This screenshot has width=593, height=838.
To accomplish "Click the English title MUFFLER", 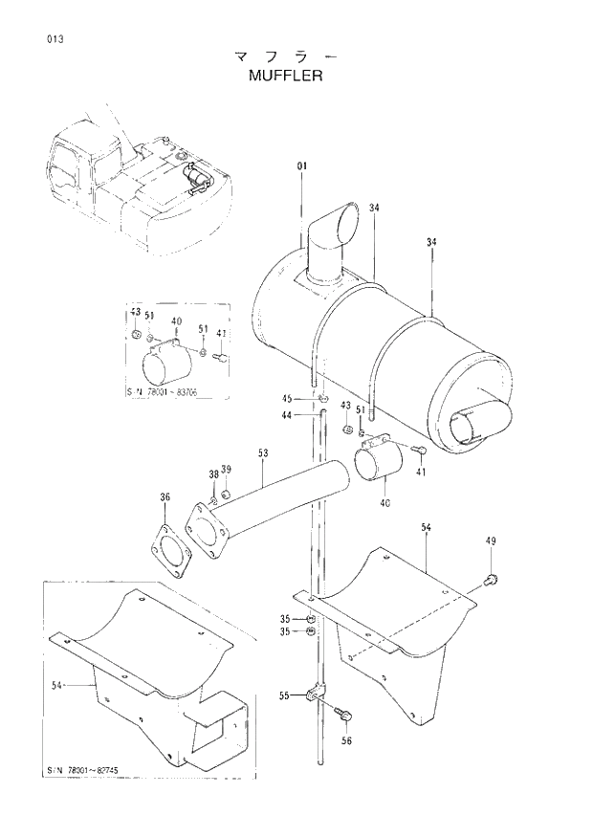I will (x=283, y=75).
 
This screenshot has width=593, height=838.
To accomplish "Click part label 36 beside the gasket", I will (x=165, y=496).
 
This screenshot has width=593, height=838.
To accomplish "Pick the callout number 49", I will (x=491, y=542).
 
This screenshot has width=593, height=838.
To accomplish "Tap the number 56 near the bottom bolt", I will (x=346, y=740).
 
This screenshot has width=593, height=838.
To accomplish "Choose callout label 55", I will (x=284, y=695).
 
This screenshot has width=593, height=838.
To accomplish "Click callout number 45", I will (x=286, y=398).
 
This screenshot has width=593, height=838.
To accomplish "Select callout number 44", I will (x=286, y=415).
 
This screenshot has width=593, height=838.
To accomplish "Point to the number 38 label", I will (x=214, y=474).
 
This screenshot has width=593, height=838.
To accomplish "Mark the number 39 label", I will (x=227, y=469).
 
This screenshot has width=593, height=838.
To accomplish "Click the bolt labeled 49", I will (x=491, y=577).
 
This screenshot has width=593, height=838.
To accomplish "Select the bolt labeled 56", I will (x=345, y=713).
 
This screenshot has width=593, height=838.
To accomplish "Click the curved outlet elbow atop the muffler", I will (x=331, y=239).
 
